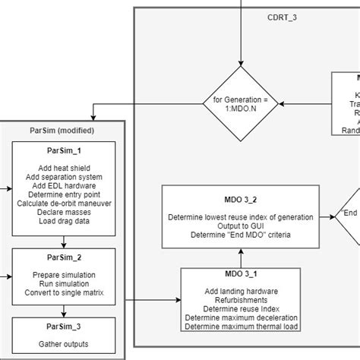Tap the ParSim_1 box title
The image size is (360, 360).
[64, 151]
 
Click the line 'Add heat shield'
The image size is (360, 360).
[64, 167]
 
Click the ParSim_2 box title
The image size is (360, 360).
[64, 257]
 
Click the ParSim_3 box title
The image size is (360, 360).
[64, 327]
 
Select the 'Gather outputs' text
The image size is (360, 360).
[64, 347]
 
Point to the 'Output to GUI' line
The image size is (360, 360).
[240, 226]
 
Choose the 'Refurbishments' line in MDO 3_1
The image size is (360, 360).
[240, 299]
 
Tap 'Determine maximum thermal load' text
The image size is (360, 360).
[240, 327]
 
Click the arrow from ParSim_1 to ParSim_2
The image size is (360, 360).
[64, 242]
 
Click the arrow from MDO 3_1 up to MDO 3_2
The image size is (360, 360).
[240, 257]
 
